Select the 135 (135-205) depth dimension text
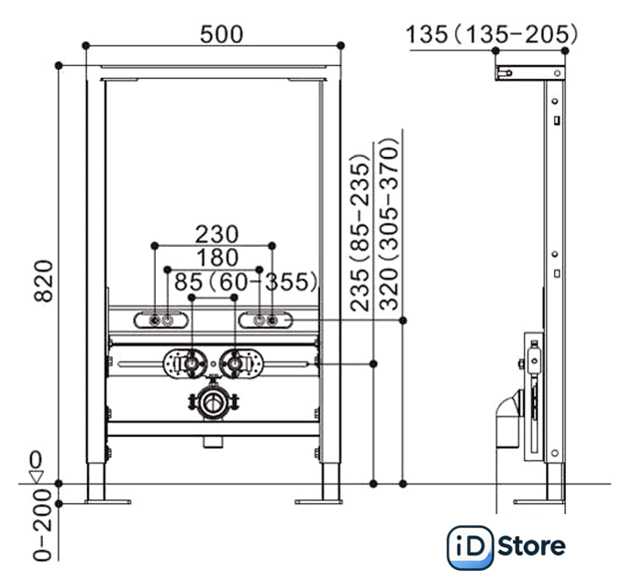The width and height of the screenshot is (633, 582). click(492, 35)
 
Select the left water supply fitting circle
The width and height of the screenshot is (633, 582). click(191, 364)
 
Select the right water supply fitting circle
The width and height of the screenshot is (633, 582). click(236, 364)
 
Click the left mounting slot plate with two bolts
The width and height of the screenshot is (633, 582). click(162, 320)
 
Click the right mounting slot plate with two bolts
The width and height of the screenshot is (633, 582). click(265, 320)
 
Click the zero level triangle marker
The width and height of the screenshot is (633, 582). click(36, 475)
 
